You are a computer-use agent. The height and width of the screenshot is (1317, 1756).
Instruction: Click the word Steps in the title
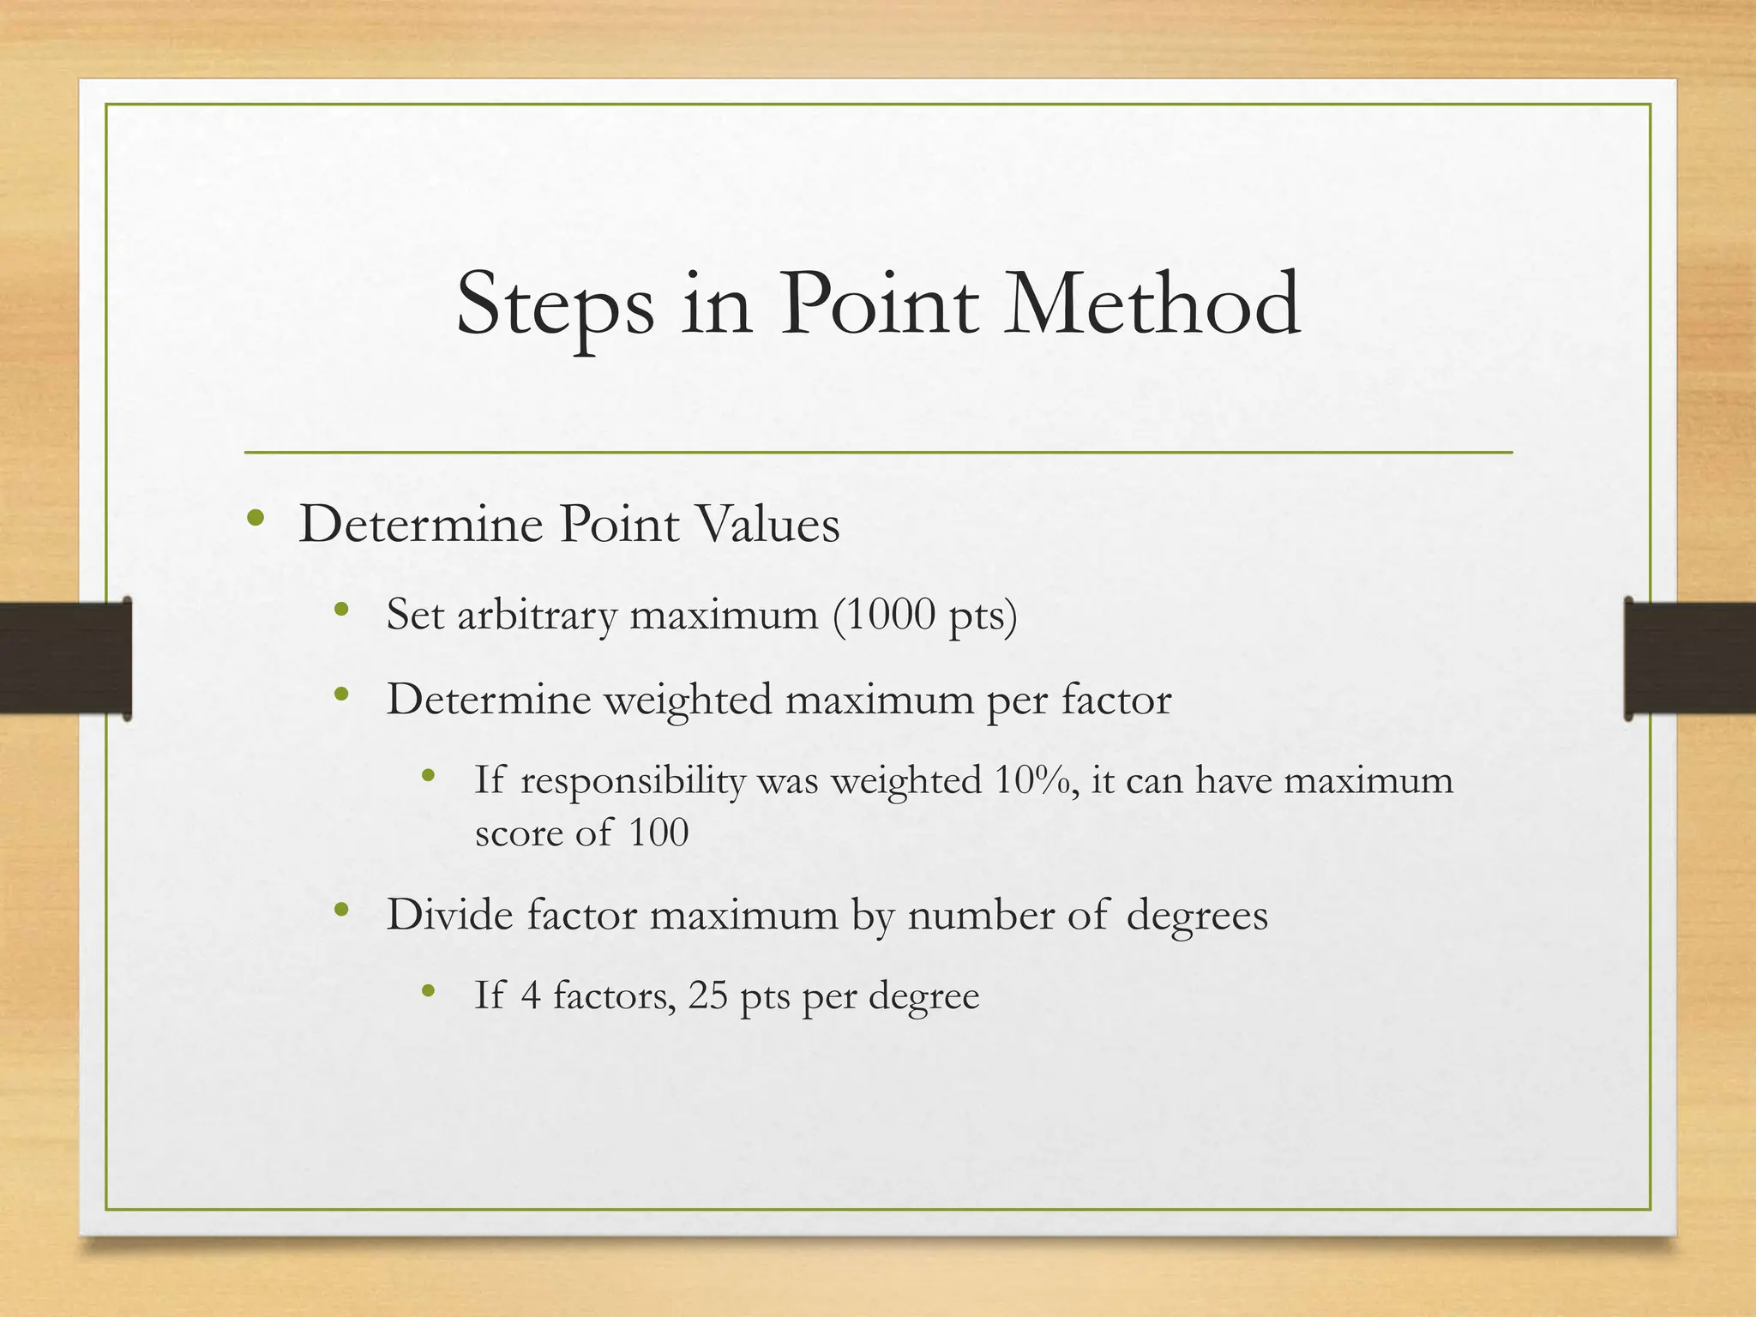pos(555,305)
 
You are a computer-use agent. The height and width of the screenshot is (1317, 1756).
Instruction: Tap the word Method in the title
pos(1152,304)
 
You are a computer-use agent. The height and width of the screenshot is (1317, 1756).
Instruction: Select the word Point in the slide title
pos(878,304)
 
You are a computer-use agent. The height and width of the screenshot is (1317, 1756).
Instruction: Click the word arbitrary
pos(537,616)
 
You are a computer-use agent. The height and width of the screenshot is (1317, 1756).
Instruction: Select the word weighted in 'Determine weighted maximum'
pos(688,700)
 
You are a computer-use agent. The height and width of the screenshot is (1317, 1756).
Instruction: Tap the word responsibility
pos(633,781)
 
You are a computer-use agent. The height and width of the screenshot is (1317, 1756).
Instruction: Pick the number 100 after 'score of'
pos(658,832)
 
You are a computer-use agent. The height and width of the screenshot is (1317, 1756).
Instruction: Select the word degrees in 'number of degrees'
pos(1197,916)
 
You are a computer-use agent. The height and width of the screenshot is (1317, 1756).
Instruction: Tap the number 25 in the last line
pos(707,995)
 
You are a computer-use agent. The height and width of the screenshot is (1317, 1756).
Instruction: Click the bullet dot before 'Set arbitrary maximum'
pos(341,610)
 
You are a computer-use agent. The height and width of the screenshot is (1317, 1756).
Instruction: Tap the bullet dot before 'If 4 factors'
pos(429,992)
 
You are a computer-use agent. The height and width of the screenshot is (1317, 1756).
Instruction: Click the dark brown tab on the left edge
pos(65,658)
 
